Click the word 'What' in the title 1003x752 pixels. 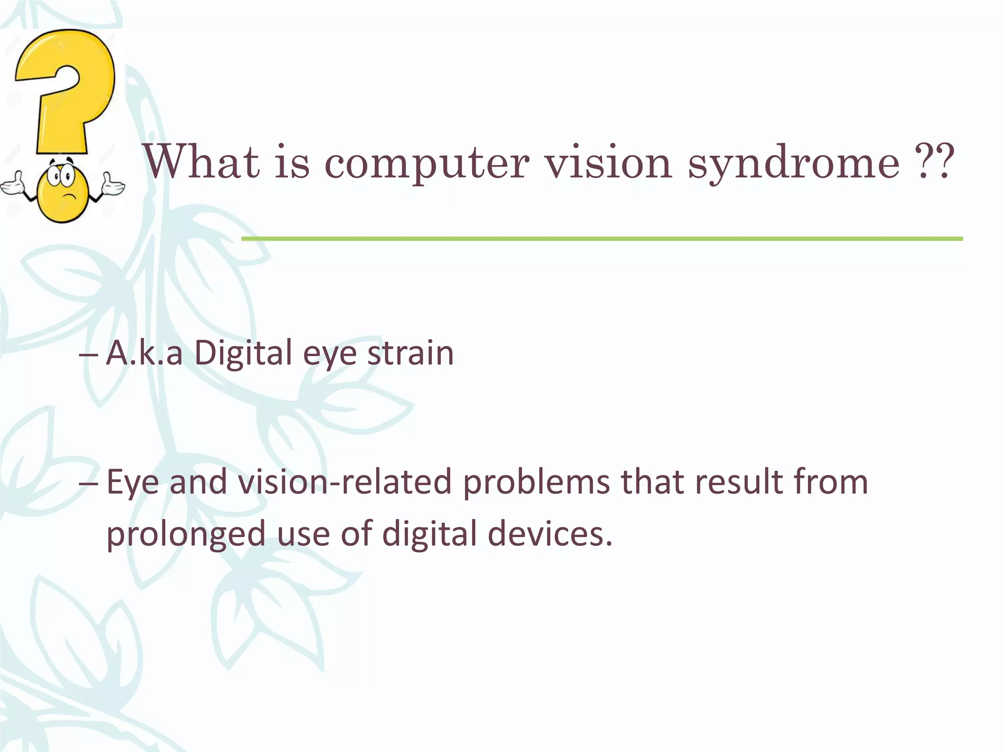(201, 162)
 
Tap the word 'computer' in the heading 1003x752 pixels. (427, 164)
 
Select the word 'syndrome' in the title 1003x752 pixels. (794, 164)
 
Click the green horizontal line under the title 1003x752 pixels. (602, 238)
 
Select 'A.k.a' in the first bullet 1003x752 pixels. (144, 352)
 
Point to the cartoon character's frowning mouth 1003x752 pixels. (70, 197)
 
